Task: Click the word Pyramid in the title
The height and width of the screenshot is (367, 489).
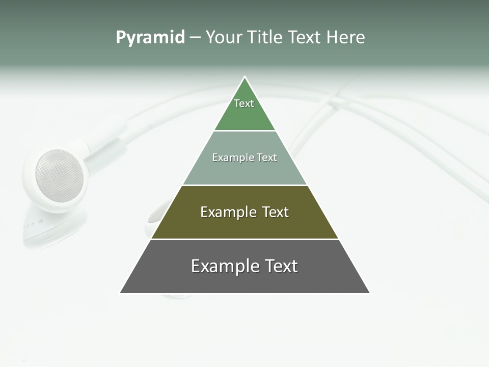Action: pos(150,38)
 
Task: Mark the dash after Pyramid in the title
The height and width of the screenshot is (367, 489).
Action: pos(195,38)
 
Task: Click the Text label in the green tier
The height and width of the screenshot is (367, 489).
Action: pos(244,103)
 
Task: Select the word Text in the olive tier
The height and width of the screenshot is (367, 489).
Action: pos(276,212)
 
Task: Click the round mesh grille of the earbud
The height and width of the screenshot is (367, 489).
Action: pos(59,176)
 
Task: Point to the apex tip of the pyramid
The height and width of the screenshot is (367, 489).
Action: pos(245,77)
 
